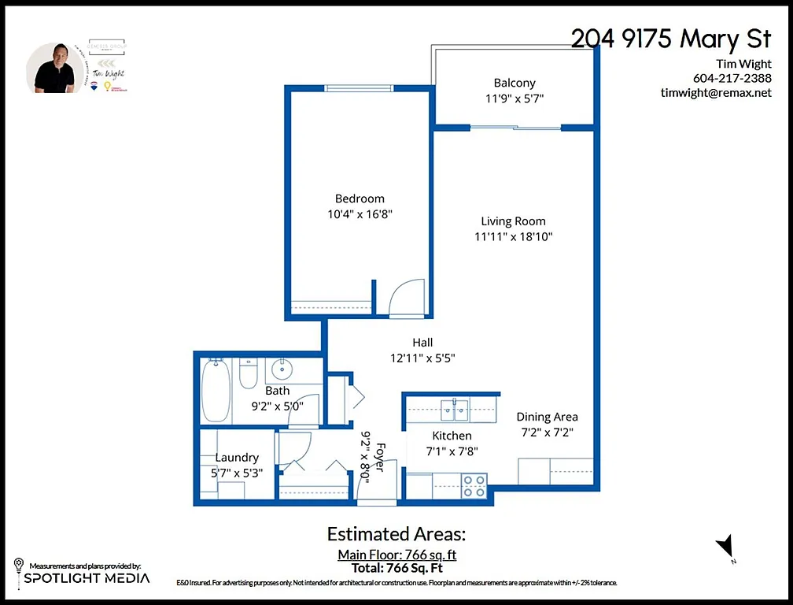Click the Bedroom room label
coord(360,199)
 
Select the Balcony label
coord(515,83)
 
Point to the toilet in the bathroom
coord(248,374)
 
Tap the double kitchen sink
coord(455,407)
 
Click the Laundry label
coord(237,458)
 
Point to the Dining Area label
coord(547,417)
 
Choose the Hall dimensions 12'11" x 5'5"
coord(422,357)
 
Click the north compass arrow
coord(725,546)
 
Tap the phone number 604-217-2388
coord(732,78)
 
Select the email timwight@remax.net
coord(716,92)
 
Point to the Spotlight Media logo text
coord(87,578)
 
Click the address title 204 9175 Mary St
coord(670,39)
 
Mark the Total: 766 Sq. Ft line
coord(396,567)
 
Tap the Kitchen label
coord(452,436)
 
